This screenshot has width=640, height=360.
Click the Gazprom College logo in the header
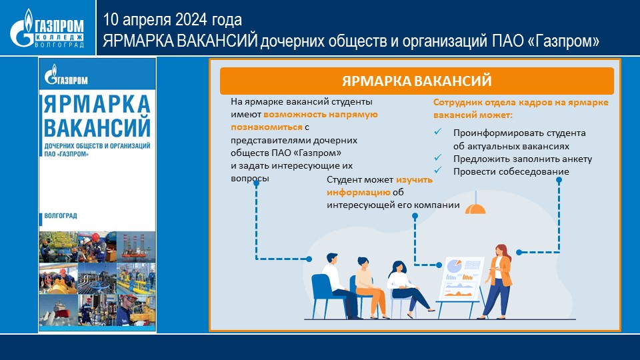[47, 28]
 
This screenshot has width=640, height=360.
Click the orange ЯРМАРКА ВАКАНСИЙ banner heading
[417, 81]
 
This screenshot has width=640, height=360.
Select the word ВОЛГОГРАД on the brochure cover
[61, 215]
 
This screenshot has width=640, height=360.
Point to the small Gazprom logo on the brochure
[66, 75]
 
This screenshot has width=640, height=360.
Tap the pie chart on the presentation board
[454, 266]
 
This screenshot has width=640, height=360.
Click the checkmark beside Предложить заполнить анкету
[438, 157]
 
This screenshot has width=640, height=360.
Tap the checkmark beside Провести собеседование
[438, 170]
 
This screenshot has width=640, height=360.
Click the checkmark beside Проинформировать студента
[438, 131]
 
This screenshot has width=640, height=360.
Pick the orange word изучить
[414, 179]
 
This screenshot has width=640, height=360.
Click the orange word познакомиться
[267, 127]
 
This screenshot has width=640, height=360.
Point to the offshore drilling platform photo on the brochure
[136, 247]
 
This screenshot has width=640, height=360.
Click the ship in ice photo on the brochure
[59, 310]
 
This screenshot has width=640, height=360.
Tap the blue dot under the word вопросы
[256, 184]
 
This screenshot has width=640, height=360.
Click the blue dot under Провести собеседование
[559, 180]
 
